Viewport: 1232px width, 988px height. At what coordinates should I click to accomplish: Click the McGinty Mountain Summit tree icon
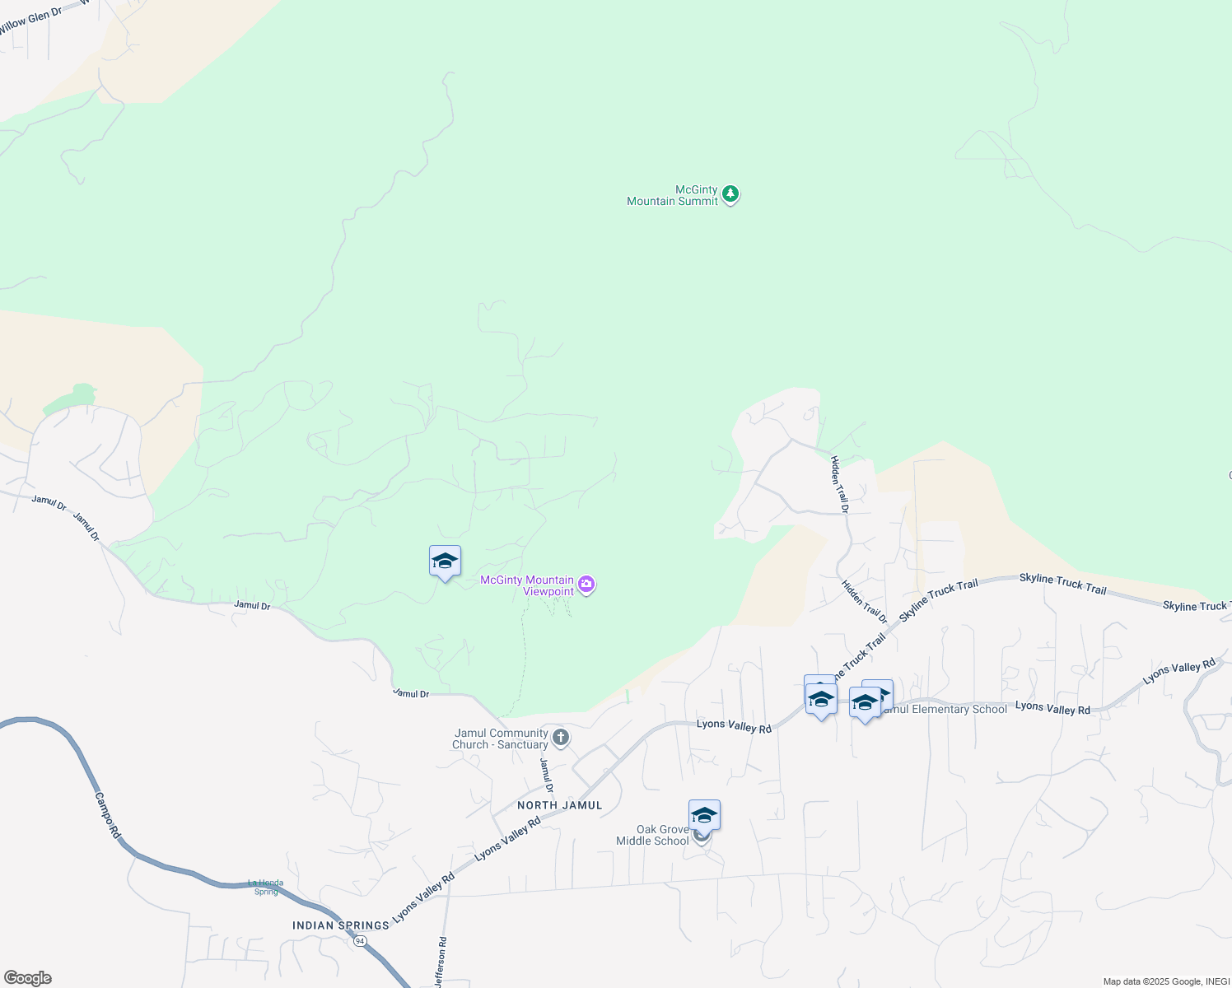pyautogui.click(x=730, y=195)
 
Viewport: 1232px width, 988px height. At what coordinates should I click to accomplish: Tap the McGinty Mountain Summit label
pyautogui.click(x=672, y=196)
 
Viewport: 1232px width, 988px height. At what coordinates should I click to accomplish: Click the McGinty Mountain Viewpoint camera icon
pyautogui.click(x=586, y=585)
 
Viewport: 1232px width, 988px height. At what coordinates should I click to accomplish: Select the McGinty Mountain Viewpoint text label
pyautogui.click(x=527, y=585)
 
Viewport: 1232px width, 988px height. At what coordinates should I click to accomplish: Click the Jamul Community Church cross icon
pyautogui.click(x=561, y=737)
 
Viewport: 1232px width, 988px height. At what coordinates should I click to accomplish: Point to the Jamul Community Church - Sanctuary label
pyautogui.click(x=500, y=739)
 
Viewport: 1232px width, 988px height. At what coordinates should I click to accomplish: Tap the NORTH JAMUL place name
pyautogui.click(x=560, y=805)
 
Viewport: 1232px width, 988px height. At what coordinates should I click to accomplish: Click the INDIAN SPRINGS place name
pyautogui.click(x=341, y=925)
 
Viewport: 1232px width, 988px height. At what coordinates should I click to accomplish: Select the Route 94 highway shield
pyautogui.click(x=360, y=940)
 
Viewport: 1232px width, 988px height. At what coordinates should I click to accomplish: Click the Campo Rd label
pyautogui.click(x=108, y=815)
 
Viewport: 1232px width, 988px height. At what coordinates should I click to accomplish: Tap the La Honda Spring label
pyautogui.click(x=265, y=887)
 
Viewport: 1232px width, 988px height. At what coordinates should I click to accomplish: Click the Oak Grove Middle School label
pyautogui.click(x=652, y=835)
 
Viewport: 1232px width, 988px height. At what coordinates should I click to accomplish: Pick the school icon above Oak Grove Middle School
pyautogui.click(x=704, y=815)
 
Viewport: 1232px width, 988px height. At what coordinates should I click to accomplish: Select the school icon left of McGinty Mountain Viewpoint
pyautogui.click(x=445, y=562)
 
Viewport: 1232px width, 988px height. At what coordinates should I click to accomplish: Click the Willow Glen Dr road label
pyautogui.click(x=30, y=21)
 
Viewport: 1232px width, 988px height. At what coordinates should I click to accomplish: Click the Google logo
pyautogui.click(x=28, y=978)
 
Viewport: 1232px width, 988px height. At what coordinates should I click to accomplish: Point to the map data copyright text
pyautogui.click(x=1165, y=981)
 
